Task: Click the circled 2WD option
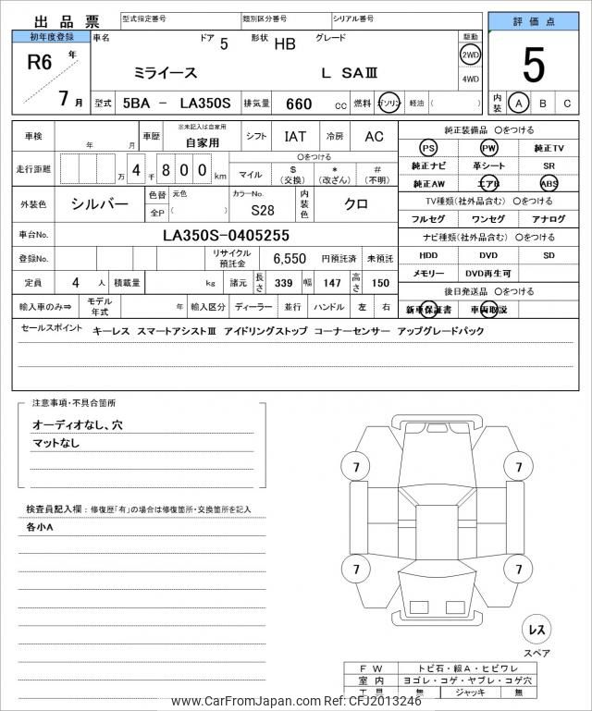click(470, 55)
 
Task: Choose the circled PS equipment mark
click(427, 148)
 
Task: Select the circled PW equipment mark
click(488, 148)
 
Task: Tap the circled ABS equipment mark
click(549, 183)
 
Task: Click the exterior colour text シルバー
click(100, 204)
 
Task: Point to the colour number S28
click(262, 210)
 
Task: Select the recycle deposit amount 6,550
click(289, 259)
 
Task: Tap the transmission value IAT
click(295, 137)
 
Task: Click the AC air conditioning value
click(374, 137)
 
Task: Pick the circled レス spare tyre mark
click(536, 630)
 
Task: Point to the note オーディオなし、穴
click(77, 424)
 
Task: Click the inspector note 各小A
click(40, 527)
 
